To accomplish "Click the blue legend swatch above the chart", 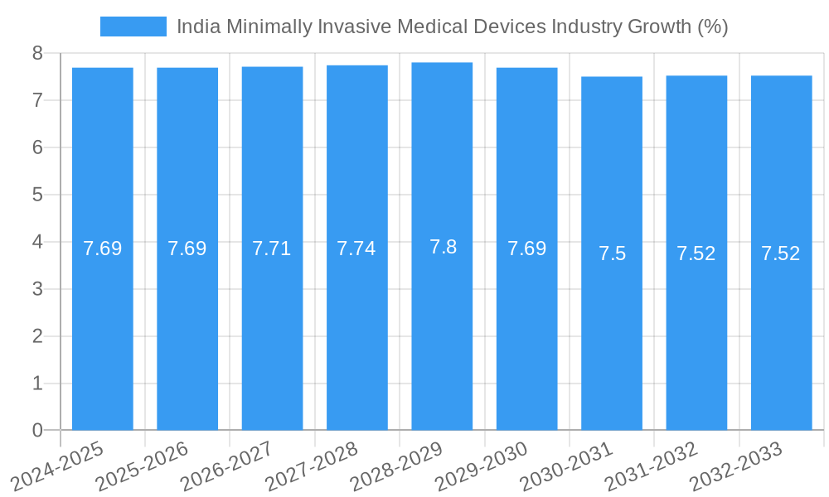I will pyautogui.click(x=133, y=27).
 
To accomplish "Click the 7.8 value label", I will pyautogui.click(x=443, y=247).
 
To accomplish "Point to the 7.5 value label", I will pyautogui.click(x=612, y=253).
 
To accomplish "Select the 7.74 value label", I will pyautogui.click(x=356, y=248).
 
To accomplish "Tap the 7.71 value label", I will pyautogui.click(x=271, y=248).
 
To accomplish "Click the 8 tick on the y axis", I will pyautogui.click(x=38, y=53).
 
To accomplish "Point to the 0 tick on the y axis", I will pyautogui.click(x=38, y=430).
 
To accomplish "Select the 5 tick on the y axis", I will pyautogui.click(x=38, y=195).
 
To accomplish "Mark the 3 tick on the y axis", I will pyautogui.click(x=38, y=289).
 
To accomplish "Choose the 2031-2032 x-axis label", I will pyautogui.click(x=652, y=466).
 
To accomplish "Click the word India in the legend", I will pyautogui.click(x=194, y=27).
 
